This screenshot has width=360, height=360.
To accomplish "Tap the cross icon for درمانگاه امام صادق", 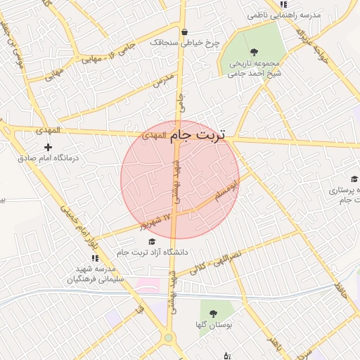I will (x=48, y=147).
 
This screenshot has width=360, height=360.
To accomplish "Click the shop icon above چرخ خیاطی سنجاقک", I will (x=184, y=32).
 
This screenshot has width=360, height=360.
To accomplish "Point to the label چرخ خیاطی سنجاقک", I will (x=185, y=43).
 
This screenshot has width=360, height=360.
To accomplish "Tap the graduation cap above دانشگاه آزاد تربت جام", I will (x=153, y=241).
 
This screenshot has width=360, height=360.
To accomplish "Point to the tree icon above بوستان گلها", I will (x=213, y=313).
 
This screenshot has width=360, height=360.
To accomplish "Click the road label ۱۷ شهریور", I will (x=156, y=221).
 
